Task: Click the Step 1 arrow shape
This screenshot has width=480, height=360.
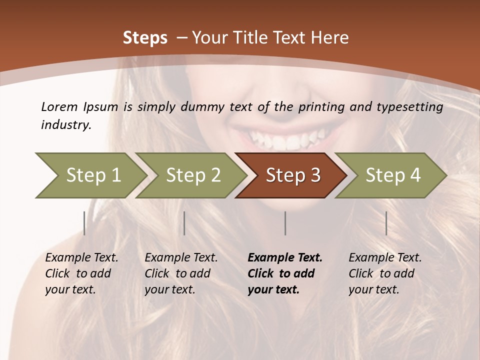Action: coord(90,175)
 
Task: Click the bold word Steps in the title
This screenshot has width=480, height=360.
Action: coord(145,38)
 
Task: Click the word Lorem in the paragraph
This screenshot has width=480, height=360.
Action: coord(59,106)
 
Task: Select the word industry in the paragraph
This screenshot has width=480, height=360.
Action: coord(65,125)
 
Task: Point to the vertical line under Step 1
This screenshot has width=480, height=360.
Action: coord(84,223)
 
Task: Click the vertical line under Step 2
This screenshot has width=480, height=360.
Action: coord(184,223)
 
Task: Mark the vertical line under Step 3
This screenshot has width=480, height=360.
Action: coord(285,223)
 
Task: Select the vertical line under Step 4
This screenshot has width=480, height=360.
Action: coord(386,223)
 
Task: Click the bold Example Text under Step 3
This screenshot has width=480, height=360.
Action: coord(285,258)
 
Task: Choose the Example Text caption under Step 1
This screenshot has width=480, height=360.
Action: coord(81,258)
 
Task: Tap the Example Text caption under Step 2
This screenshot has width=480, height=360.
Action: coord(181,258)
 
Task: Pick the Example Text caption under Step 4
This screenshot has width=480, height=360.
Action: coord(385,258)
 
